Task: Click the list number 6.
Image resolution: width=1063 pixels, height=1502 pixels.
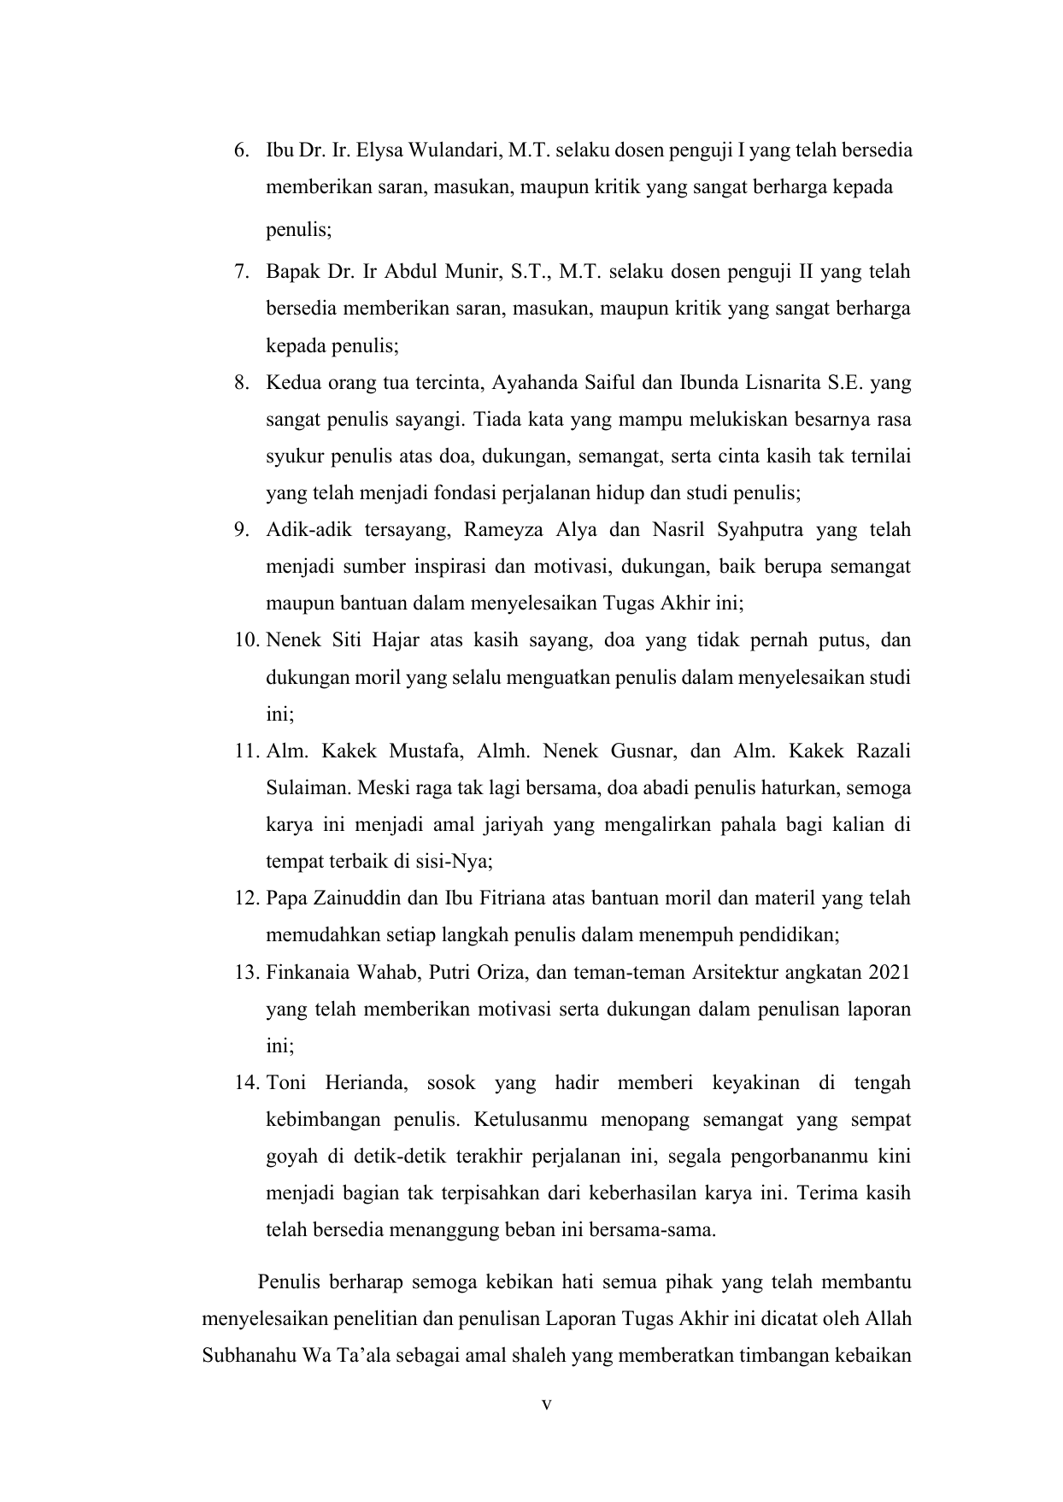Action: pyautogui.click(x=242, y=151)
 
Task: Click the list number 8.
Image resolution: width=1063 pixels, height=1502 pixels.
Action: pyautogui.click(x=242, y=382)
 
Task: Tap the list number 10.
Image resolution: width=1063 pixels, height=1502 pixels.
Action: pyautogui.click(x=246, y=640)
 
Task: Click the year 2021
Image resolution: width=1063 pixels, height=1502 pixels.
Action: pyautogui.click(x=888, y=973)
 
